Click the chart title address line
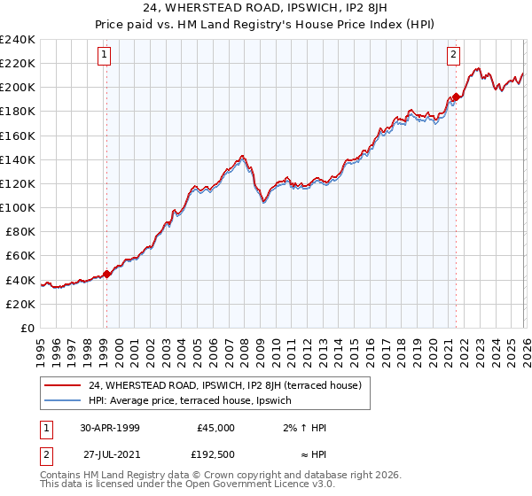266,9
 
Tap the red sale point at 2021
456,97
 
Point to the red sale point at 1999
106,274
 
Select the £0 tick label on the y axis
27,328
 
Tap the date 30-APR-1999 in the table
109,427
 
